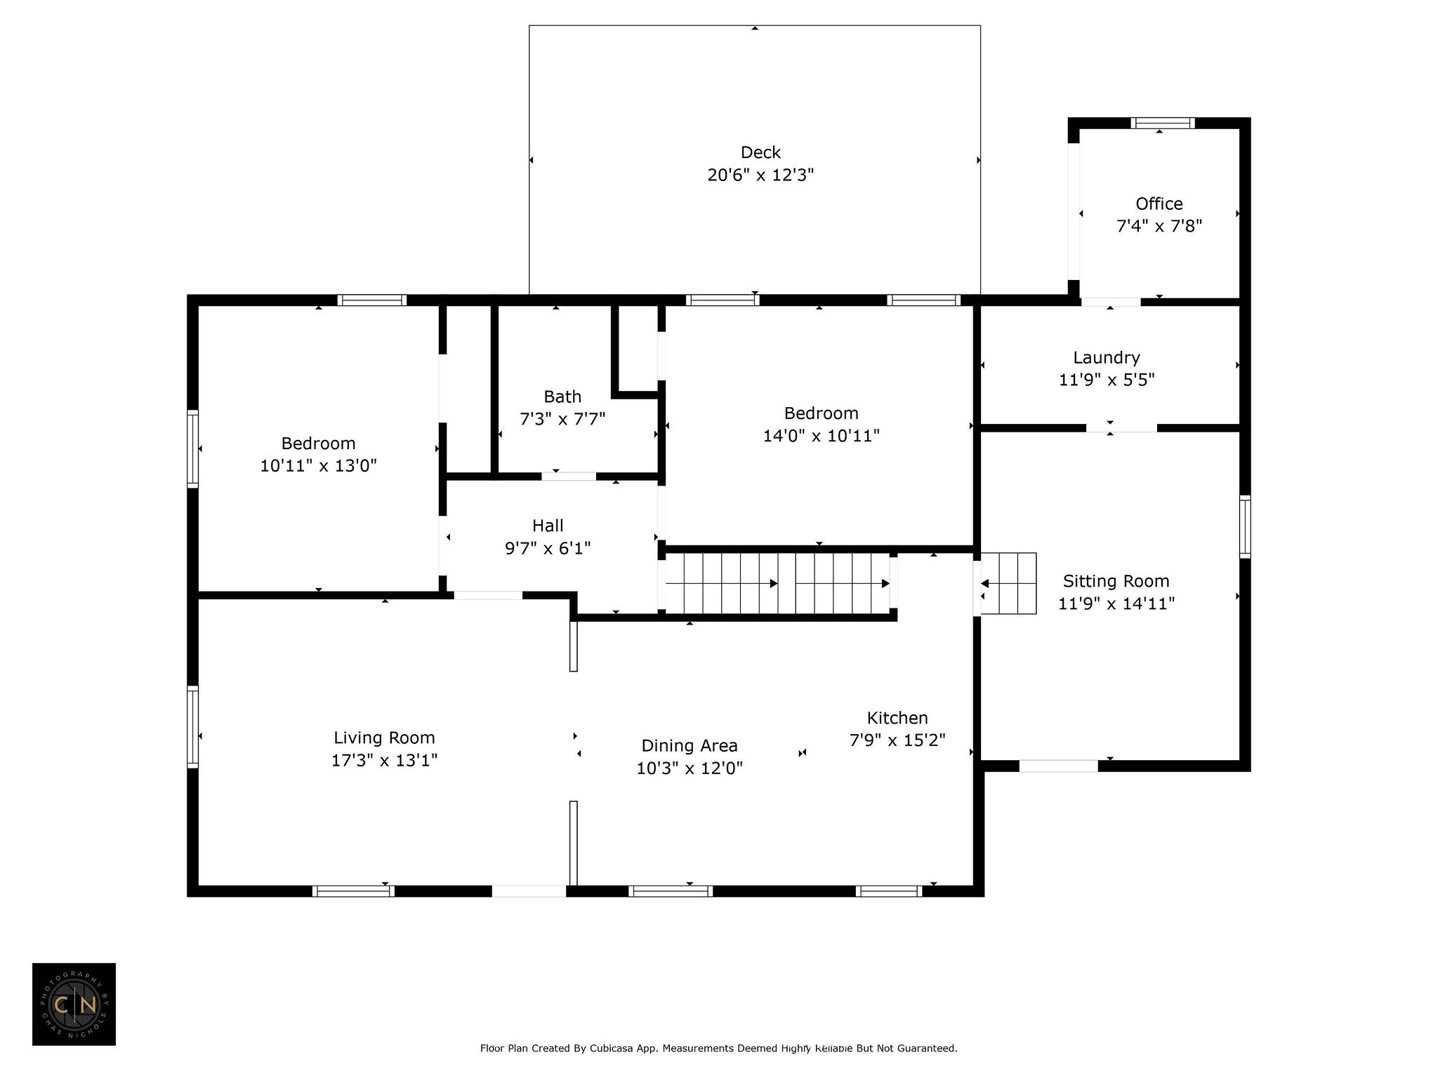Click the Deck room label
pyautogui.click(x=760, y=152)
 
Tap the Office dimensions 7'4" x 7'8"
pyautogui.click(x=1159, y=226)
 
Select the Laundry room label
pyautogui.click(x=1107, y=357)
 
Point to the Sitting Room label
pyautogui.click(x=1116, y=581)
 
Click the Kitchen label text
pyautogui.click(x=897, y=718)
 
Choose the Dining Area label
pyautogui.click(x=690, y=745)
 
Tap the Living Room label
pyautogui.click(x=384, y=738)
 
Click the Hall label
pyautogui.click(x=548, y=526)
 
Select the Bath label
pyautogui.click(x=562, y=397)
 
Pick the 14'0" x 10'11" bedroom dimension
pyautogui.click(x=822, y=436)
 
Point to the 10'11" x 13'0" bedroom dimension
pyautogui.click(x=319, y=466)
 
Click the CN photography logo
pyautogui.click(x=74, y=1004)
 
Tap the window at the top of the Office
pyautogui.click(x=1163, y=124)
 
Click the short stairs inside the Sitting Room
pyautogui.click(x=1008, y=583)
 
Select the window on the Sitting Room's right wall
pyautogui.click(x=1245, y=526)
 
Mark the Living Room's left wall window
pyautogui.click(x=192, y=726)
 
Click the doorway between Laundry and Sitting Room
pyautogui.click(x=1121, y=427)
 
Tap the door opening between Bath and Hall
pyautogui.click(x=569, y=476)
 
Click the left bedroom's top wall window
pyautogui.click(x=372, y=300)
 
